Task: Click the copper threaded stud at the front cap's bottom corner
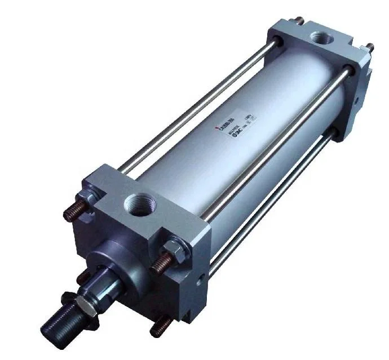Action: coord(163,325)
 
